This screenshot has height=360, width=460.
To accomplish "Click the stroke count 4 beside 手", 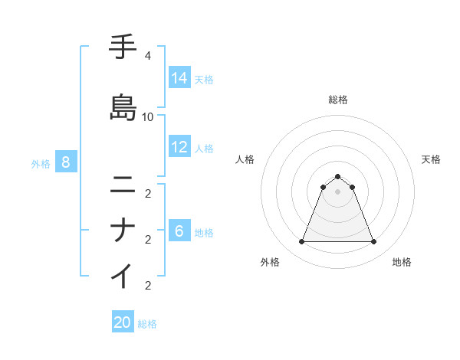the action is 147,56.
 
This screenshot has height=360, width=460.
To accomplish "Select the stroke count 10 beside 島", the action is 147,116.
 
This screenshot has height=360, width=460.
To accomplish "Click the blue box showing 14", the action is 179,78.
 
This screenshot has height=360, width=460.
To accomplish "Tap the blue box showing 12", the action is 179,147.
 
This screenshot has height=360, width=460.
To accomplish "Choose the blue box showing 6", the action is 179,231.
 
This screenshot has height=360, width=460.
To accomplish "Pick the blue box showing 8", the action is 66,162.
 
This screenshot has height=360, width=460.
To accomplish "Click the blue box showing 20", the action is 123,322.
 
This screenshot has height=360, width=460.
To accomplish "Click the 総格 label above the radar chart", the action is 337,100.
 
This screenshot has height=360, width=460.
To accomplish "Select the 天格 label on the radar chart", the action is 431,159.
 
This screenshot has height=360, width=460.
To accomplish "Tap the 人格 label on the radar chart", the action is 245,159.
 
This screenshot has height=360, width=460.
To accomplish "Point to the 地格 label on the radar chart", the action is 401,263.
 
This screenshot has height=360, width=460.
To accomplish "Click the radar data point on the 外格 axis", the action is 301,242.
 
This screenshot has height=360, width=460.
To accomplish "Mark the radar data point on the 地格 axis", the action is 373,242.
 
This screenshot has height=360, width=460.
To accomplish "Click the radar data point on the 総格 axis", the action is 337,176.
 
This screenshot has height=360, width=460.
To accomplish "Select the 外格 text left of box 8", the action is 40,163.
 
